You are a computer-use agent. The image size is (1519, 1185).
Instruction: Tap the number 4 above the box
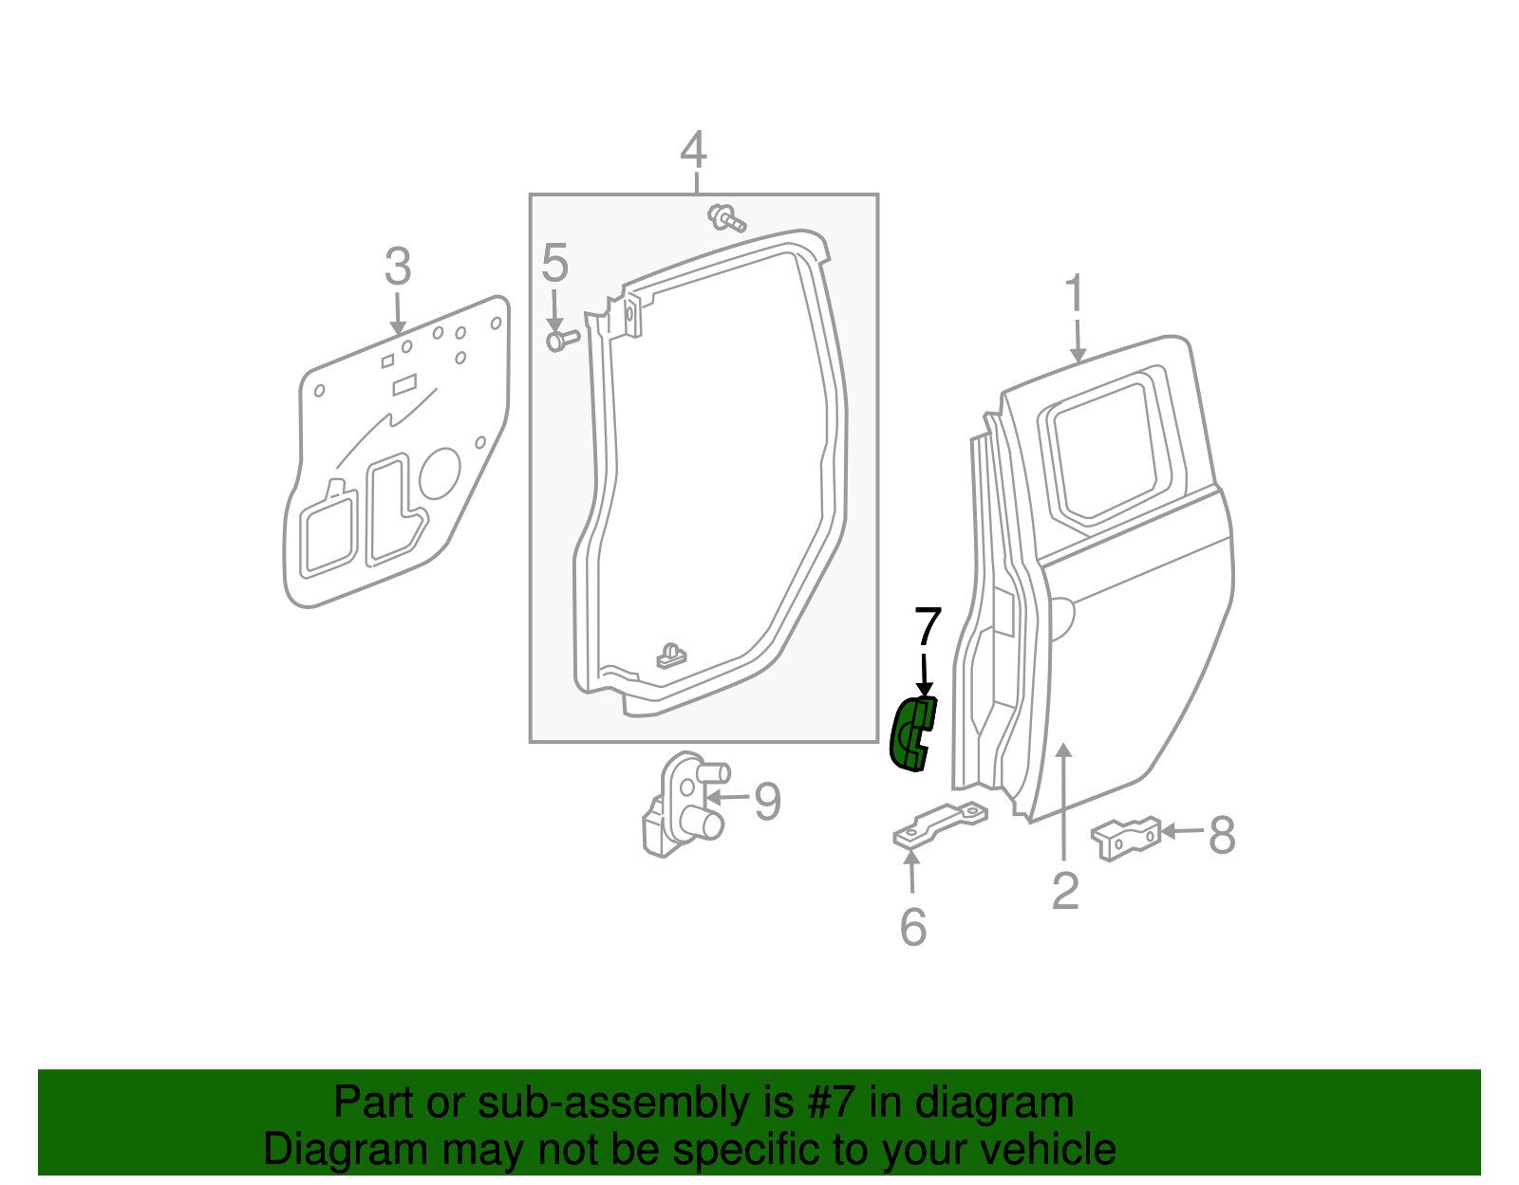point(694,150)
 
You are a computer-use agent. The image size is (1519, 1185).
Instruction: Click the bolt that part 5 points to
point(561,339)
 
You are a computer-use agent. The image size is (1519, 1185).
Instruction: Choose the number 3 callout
point(398,267)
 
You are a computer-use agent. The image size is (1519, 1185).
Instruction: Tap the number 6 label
point(912,927)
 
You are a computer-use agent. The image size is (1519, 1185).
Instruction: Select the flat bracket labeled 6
point(940,824)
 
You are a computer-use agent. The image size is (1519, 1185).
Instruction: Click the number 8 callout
point(1222,836)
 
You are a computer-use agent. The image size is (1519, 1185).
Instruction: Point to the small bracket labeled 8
point(1127,837)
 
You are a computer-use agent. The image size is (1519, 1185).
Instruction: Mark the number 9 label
point(767,802)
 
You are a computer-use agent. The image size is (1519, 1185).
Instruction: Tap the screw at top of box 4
point(726,219)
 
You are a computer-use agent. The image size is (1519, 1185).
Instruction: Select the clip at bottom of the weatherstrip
point(672,656)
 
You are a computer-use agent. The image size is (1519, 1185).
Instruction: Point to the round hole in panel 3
point(439,472)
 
